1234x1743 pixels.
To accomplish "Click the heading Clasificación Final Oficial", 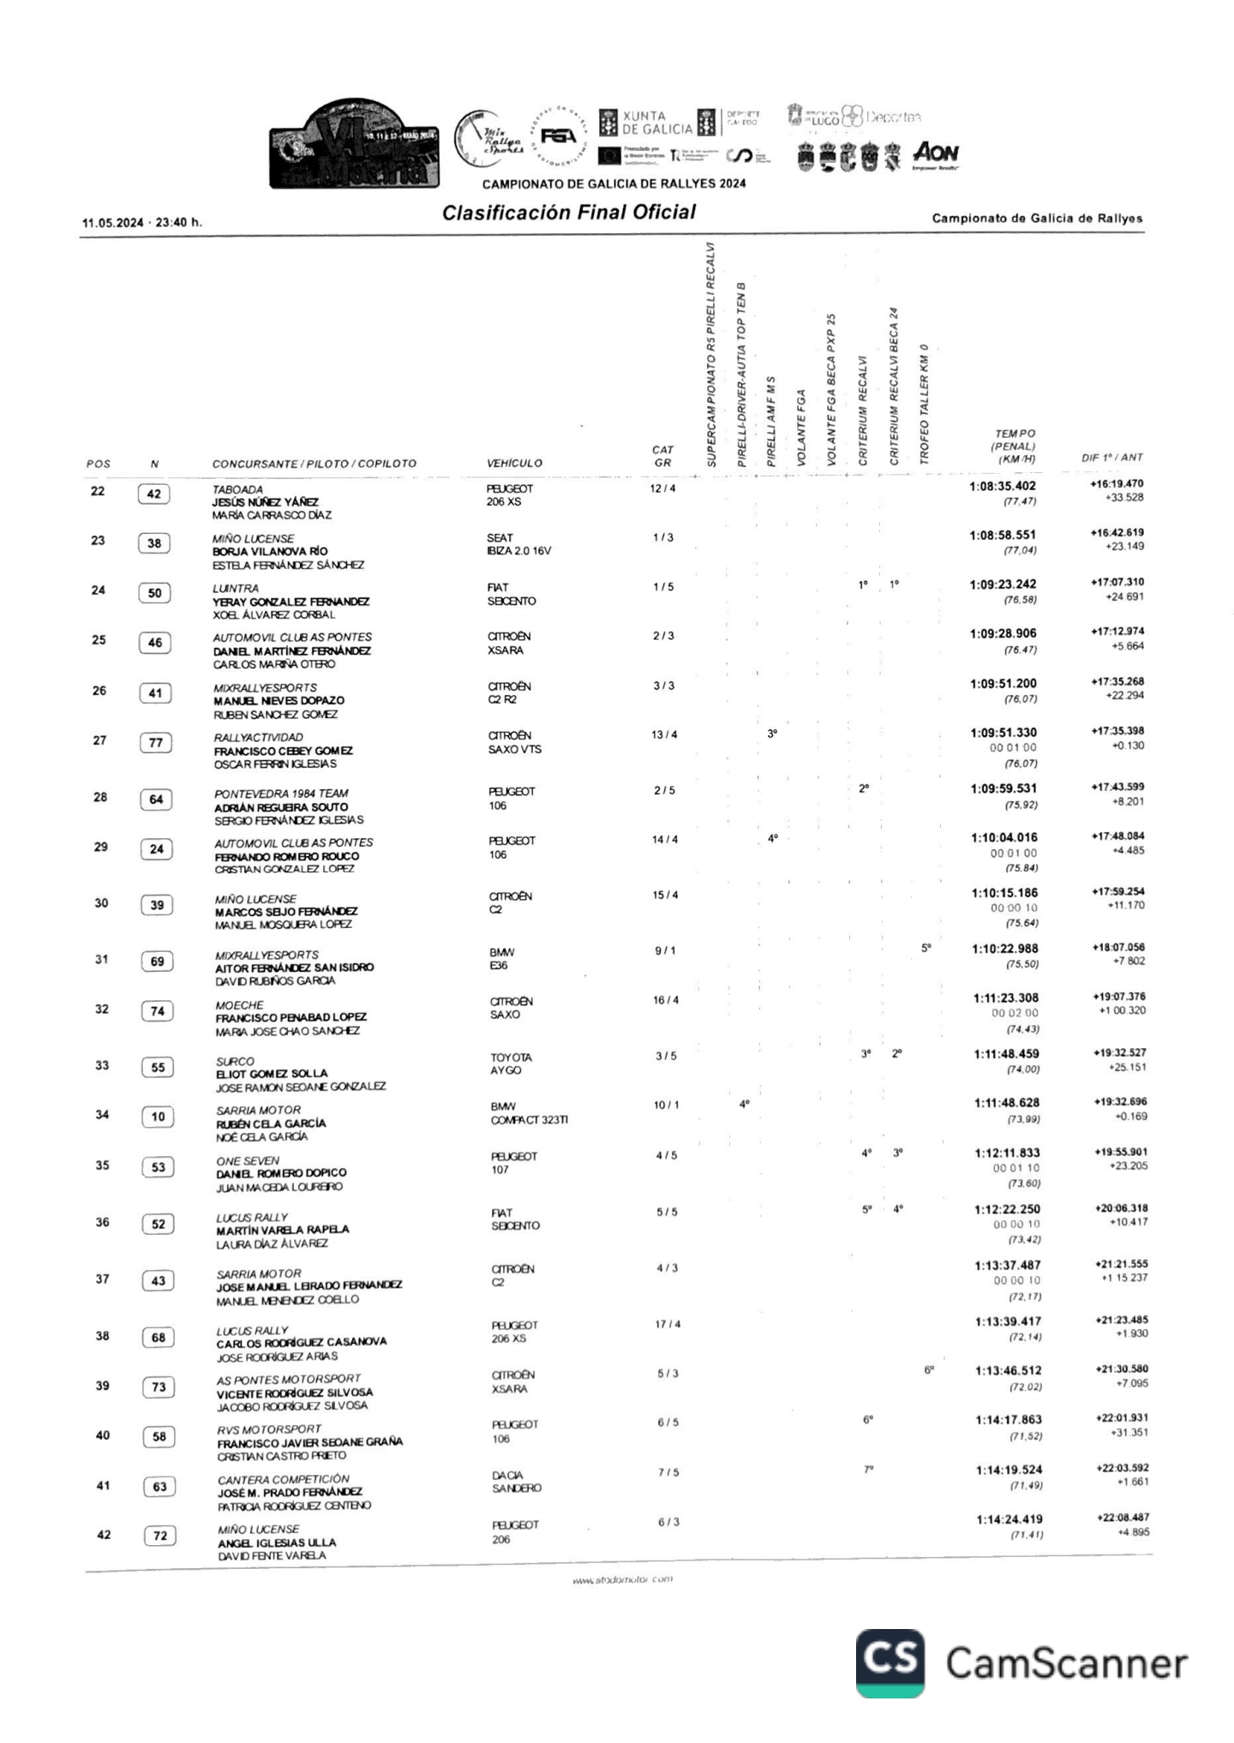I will pos(568,213).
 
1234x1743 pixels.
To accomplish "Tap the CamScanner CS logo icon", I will pos(890,1662).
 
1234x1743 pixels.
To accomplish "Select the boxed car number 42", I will pos(154,494).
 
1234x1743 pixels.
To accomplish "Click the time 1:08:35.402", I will pos(1003,486).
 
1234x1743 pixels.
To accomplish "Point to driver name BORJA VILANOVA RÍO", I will pos(270,551).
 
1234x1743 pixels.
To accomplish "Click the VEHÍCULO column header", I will pos(514,464).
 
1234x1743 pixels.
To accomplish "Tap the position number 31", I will pos(101,959).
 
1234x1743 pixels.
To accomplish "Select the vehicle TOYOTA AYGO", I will pos(511,1063).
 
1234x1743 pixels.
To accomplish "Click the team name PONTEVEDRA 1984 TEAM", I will pos(281,794).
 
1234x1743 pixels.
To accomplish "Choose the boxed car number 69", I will pos(157,961).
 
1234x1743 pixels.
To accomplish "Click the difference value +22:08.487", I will pos(1122,1518).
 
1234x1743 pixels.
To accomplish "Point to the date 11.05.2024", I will pos(112,223).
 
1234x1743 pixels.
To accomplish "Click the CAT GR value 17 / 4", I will pos(668,1324).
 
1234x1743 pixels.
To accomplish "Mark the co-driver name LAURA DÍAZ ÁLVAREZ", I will pos(272,1243).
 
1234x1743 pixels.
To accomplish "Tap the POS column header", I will pos(99,464).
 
